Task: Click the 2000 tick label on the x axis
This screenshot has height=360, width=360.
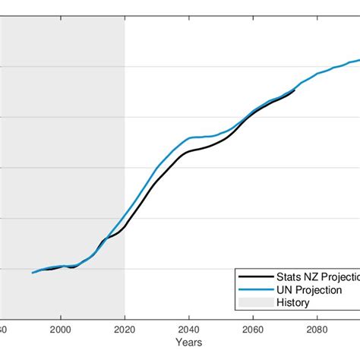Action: pos(61,330)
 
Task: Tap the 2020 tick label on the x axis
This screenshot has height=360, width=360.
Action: pos(125,330)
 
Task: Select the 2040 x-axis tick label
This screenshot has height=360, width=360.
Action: pos(188,330)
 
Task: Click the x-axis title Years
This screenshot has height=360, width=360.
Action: pos(182,343)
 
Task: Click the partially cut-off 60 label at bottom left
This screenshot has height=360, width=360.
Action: pos(3,330)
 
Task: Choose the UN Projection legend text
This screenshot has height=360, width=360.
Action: pos(309,290)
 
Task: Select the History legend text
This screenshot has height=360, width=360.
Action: pos(292,303)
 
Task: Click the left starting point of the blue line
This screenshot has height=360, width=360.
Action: pos(33,273)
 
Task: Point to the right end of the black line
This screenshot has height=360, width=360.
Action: pos(295,90)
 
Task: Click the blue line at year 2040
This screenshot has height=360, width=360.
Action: pos(188,138)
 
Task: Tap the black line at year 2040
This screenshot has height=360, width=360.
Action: pos(188,151)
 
